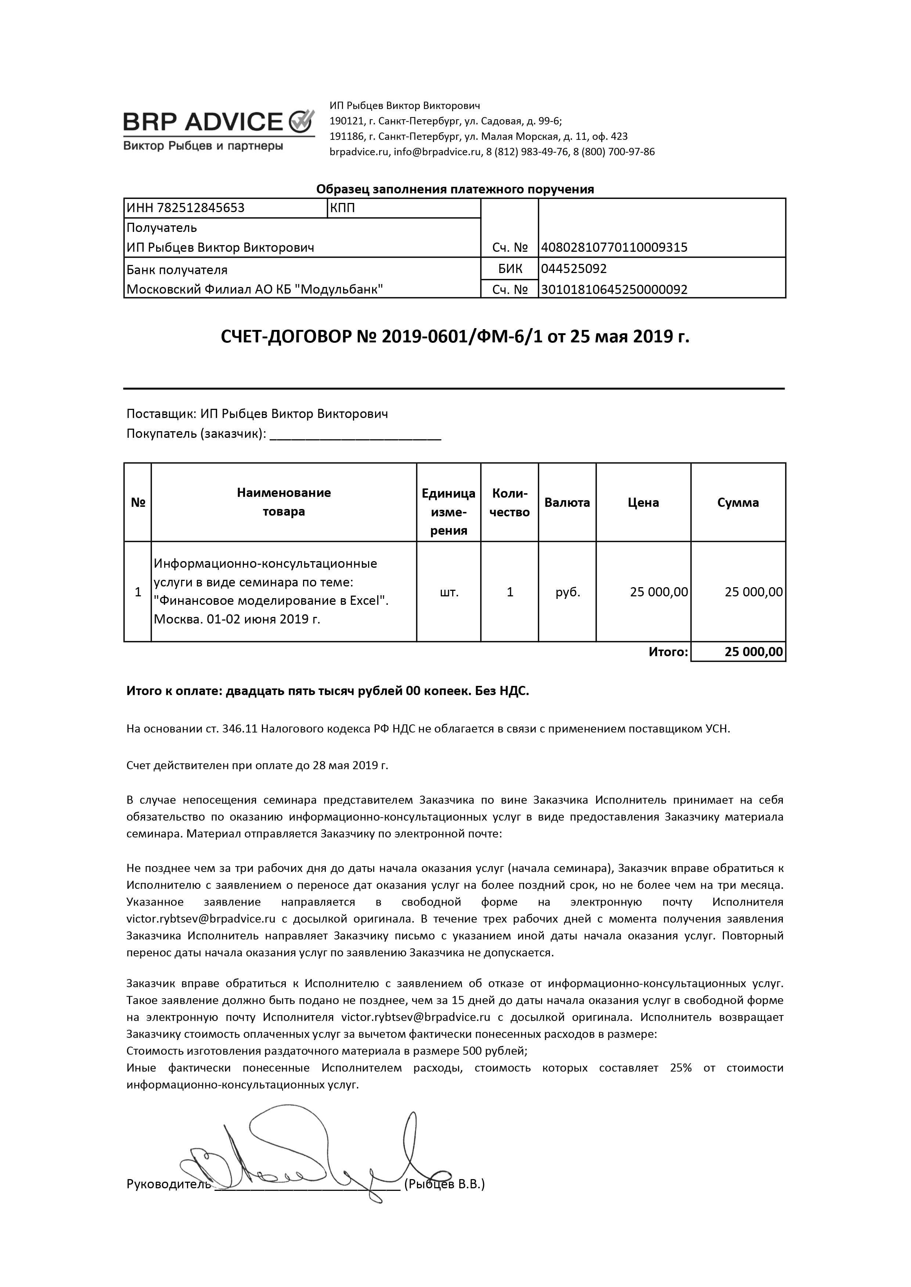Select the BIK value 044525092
coord(574,269)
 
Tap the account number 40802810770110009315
coord(614,247)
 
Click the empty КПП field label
coord(343,208)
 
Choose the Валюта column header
coord(567,502)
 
